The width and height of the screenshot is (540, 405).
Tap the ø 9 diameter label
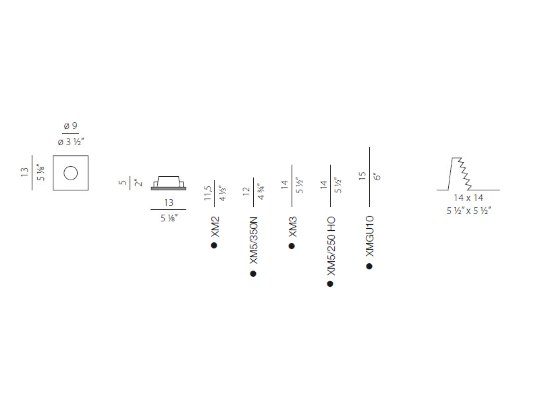pos(71,126)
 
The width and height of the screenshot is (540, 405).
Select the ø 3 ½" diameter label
pos(71,142)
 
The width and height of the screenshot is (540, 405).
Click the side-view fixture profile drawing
pos(168,183)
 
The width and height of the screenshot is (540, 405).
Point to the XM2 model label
pos(215,227)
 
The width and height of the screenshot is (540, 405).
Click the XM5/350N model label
pos(254,240)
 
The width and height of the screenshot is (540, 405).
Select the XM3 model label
pos(292,227)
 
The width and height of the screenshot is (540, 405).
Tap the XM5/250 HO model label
pos(331,246)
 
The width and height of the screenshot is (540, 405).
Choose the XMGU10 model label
pos(369,236)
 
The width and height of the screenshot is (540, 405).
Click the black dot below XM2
pos(214,245)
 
